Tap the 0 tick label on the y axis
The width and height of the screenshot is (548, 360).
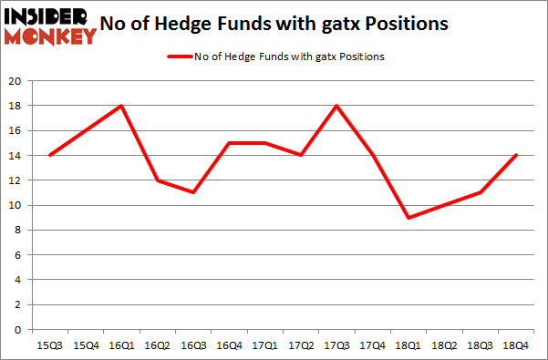pos(18,330)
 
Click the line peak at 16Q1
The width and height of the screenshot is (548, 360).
pos(121,106)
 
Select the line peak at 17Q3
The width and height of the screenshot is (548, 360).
pos(337,106)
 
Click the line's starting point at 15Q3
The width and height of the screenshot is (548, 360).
pos(49,155)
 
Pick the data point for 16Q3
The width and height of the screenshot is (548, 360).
pos(193,192)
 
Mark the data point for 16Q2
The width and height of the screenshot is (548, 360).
pos(158,180)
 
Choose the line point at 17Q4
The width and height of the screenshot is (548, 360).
pos(373,155)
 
